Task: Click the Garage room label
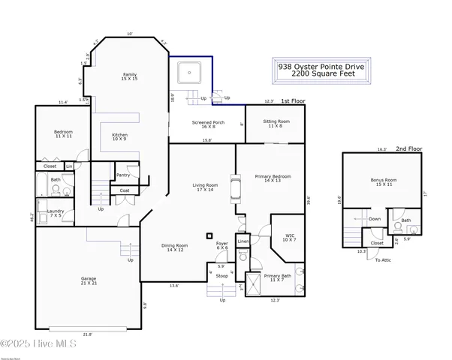(x=88, y=280)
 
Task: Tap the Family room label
(x=129, y=76)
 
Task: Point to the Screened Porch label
(x=197, y=125)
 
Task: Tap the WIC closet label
(x=289, y=238)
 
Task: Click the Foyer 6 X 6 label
(x=222, y=246)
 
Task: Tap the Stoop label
(x=221, y=274)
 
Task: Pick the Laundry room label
(x=55, y=213)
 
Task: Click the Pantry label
(x=124, y=175)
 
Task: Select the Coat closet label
(x=125, y=190)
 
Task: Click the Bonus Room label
(x=382, y=182)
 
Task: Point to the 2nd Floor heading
(x=410, y=148)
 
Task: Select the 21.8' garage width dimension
(x=87, y=334)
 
